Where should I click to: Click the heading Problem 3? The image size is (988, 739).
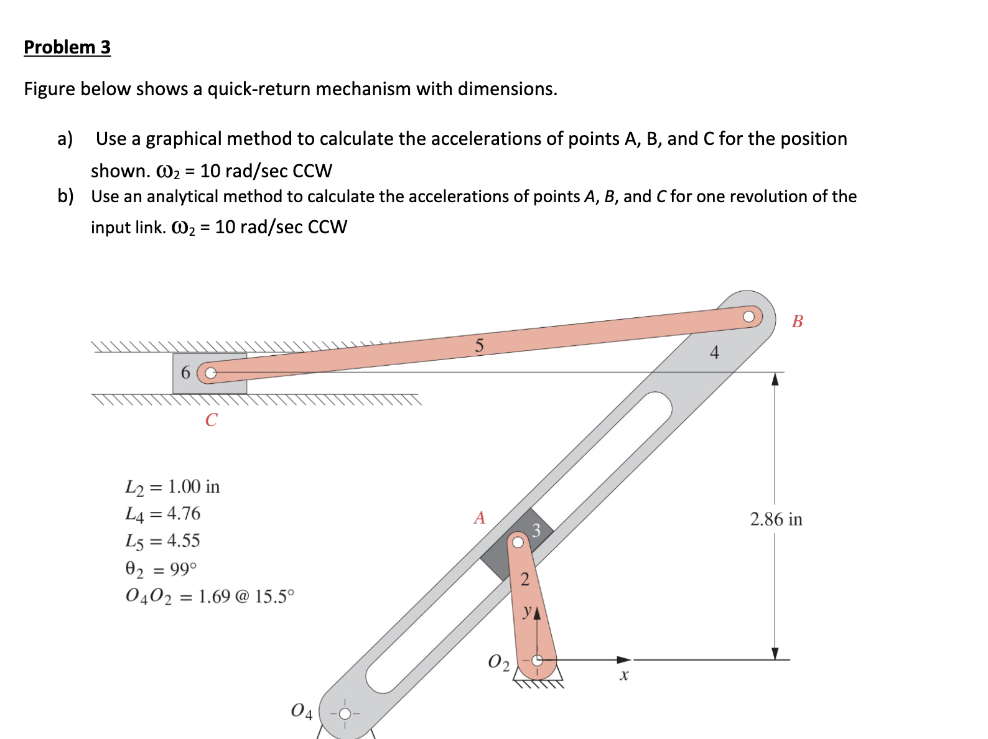pyautogui.click(x=67, y=47)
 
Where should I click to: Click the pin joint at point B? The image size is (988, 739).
pyautogui.click(x=749, y=317)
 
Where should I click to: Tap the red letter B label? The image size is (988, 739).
pyautogui.click(x=797, y=322)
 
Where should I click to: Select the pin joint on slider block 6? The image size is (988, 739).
pyautogui.click(x=211, y=373)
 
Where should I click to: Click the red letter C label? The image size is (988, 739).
pyautogui.click(x=211, y=420)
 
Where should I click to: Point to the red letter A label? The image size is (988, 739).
pyautogui.click(x=479, y=518)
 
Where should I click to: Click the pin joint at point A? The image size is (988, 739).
pyautogui.click(x=518, y=542)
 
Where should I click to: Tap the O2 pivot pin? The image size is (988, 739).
pyautogui.click(x=537, y=660)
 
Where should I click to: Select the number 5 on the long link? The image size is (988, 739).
pyautogui.click(x=479, y=346)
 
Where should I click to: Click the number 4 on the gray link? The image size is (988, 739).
pyautogui.click(x=714, y=353)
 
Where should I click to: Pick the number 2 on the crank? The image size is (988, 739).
pyautogui.click(x=524, y=580)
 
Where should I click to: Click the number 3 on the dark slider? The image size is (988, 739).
pyautogui.click(x=536, y=531)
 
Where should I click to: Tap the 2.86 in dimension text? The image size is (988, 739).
pyautogui.click(x=776, y=519)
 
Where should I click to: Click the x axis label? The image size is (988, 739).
pyautogui.click(x=624, y=676)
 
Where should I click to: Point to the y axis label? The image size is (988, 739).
pyautogui.click(x=527, y=611)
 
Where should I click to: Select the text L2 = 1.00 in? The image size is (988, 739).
pyautogui.click(x=172, y=486)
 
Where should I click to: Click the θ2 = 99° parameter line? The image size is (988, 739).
pyautogui.click(x=161, y=569)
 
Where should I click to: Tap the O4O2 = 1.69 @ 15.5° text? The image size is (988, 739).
pyautogui.click(x=209, y=597)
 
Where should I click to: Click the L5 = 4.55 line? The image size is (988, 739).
pyautogui.click(x=162, y=541)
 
